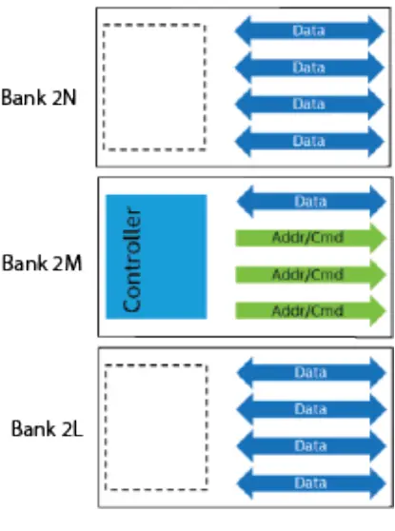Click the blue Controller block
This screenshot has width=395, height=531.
pos(155,256)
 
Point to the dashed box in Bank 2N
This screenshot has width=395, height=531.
pos(153,87)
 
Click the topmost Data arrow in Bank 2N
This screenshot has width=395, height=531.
pos(309,30)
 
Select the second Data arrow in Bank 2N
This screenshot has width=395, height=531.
pos(309,68)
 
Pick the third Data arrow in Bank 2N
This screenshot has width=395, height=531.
pos(309,104)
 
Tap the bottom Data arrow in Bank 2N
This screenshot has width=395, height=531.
pos(309,141)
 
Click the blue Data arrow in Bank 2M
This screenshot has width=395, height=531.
pos(309,202)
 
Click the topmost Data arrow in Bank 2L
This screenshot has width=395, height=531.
pos(309,373)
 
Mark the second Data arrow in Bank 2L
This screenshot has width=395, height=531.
pos(309,409)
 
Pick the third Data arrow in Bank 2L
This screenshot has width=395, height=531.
pos(309,445)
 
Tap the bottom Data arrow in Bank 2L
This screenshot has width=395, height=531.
pos(309,482)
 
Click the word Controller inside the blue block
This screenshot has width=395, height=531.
pos(133,256)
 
